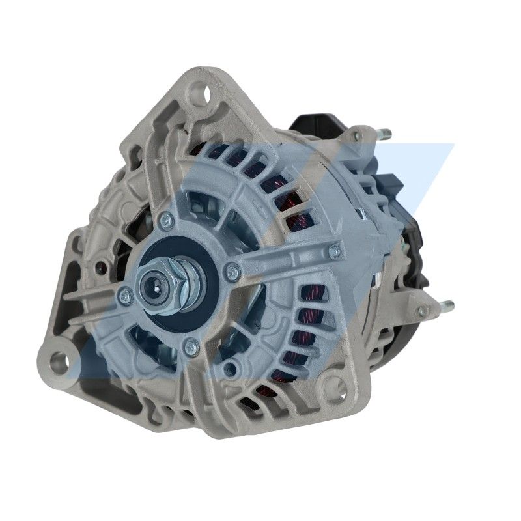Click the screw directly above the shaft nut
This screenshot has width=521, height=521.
(167, 219)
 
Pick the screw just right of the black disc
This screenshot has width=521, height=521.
(229, 269)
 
